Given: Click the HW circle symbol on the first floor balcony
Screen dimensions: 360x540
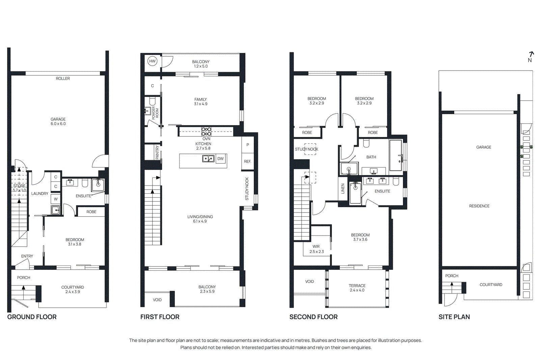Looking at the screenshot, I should coord(152,61).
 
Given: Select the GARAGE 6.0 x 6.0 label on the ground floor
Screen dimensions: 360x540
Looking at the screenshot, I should coord(58,121).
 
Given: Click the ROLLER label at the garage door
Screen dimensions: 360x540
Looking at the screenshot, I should coord(63,79).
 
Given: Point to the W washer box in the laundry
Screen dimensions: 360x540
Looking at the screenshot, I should coord(56,199).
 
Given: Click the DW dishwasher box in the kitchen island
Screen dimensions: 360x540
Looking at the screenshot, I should coord(220,159).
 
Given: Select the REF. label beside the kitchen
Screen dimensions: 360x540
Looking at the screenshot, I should coord(247,162).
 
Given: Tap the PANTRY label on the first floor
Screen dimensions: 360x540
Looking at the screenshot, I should coord(157,152).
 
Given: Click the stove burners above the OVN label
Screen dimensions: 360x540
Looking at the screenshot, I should coord(206,131).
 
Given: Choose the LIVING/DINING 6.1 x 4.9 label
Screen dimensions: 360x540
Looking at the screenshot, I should coord(200,219).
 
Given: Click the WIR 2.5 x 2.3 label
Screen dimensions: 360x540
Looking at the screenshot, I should coord(316,249).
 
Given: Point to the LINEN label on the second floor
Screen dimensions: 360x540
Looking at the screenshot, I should coord(343,188).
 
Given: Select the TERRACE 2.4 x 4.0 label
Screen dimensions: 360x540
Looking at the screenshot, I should coord(357,288).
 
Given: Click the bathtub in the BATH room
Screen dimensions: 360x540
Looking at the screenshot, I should coord(396,155).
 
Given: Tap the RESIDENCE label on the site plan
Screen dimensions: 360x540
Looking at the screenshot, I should coord(479,206).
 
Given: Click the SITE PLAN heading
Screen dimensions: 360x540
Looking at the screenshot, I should coord(454,317).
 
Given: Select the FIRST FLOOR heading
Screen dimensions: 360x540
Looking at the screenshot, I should coord(160,317).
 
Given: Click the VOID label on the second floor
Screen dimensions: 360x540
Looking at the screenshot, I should coord(309,281).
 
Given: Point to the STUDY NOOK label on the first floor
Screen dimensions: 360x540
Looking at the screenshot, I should coord(247,189).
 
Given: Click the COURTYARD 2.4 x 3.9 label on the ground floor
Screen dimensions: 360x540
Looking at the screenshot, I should coord(73,289).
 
